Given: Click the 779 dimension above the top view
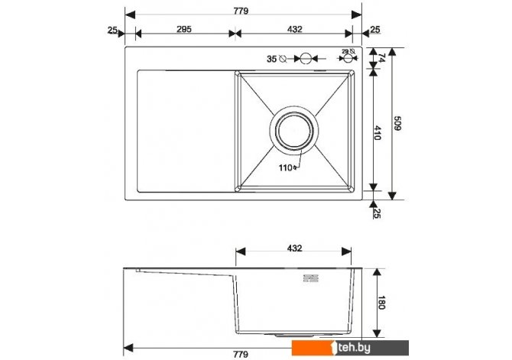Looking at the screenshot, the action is click(x=241, y=11).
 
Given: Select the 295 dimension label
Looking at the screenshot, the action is click(x=184, y=29).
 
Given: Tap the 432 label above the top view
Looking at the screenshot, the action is click(x=294, y=29).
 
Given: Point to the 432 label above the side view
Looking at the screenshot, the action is click(x=294, y=248).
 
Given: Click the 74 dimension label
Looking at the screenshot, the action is click(x=381, y=58).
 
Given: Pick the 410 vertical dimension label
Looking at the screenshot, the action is click(x=378, y=133).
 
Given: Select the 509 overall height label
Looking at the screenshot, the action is click(x=397, y=123).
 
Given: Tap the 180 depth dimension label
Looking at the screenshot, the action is click(x=381, y=303).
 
